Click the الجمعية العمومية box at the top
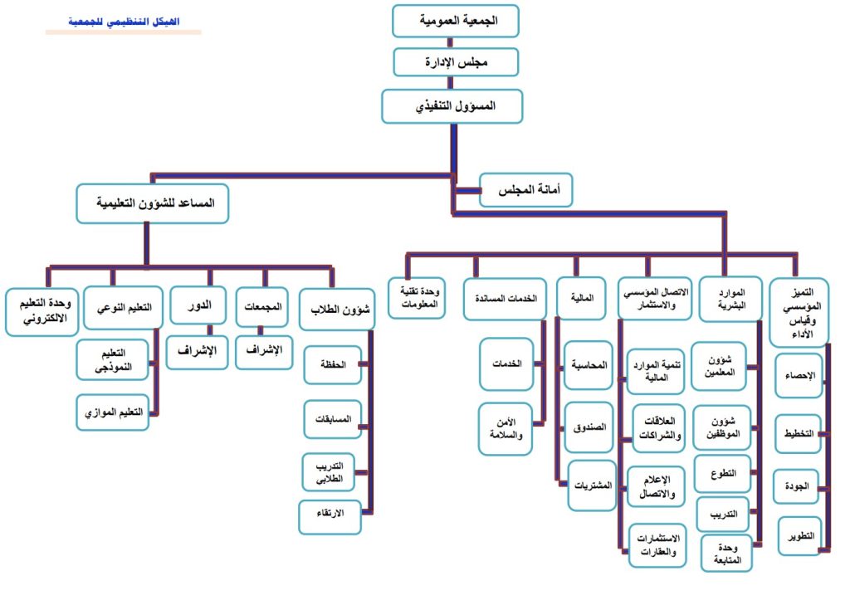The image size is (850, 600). click(x=456, y=22)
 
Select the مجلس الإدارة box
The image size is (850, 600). click(x=456, y=62)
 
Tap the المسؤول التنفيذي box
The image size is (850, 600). click(x=452, y=106)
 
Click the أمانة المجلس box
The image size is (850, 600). click(x=526, y=191)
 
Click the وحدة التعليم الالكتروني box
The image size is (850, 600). click(x=42, y=311)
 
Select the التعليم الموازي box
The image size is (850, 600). click(x=114, y=412)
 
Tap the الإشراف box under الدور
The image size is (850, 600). click(x=197, y=351)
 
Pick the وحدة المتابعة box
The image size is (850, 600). click(x=727, y=553)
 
